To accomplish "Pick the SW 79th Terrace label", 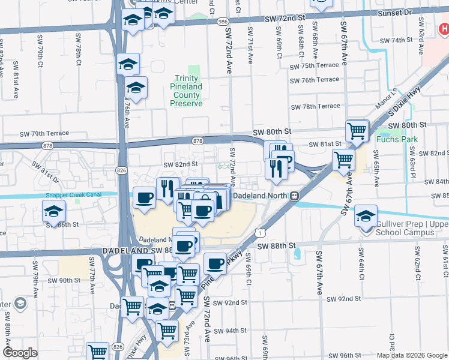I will click(x=44, y=133).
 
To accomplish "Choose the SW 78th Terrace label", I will click(x=315, y=106).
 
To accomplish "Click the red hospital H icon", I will click(x=442, y=28).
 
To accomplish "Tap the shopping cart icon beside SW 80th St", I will click(x=357, y=131).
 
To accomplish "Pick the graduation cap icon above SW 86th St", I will click(x=54, y=211).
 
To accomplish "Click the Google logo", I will click(x=20, y=353).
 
